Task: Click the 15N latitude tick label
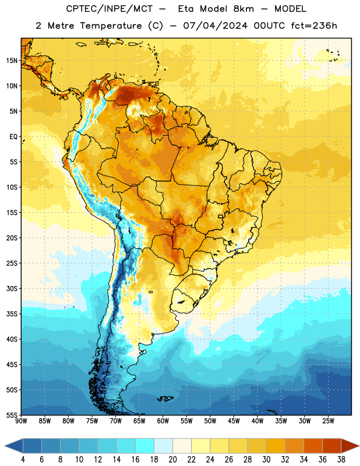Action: point(12,61)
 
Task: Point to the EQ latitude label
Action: point(13,137)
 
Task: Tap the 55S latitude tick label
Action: point(12,415)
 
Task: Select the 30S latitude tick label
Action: point(12,288)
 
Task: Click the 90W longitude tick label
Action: point(21,421)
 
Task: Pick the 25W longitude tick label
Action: point(328,421)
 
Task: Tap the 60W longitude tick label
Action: point(163,421)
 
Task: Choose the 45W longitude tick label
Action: point(234,421)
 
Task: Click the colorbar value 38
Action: point(341,460)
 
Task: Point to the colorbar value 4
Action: point(23,460)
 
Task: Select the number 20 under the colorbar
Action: point(172,460)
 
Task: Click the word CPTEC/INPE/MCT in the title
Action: point(110,9)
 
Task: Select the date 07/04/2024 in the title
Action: point(215,26)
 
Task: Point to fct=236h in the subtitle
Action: point(314,26)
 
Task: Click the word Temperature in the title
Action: point(111,26)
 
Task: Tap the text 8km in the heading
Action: point(243,9)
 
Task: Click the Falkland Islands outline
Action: point(165,398)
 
